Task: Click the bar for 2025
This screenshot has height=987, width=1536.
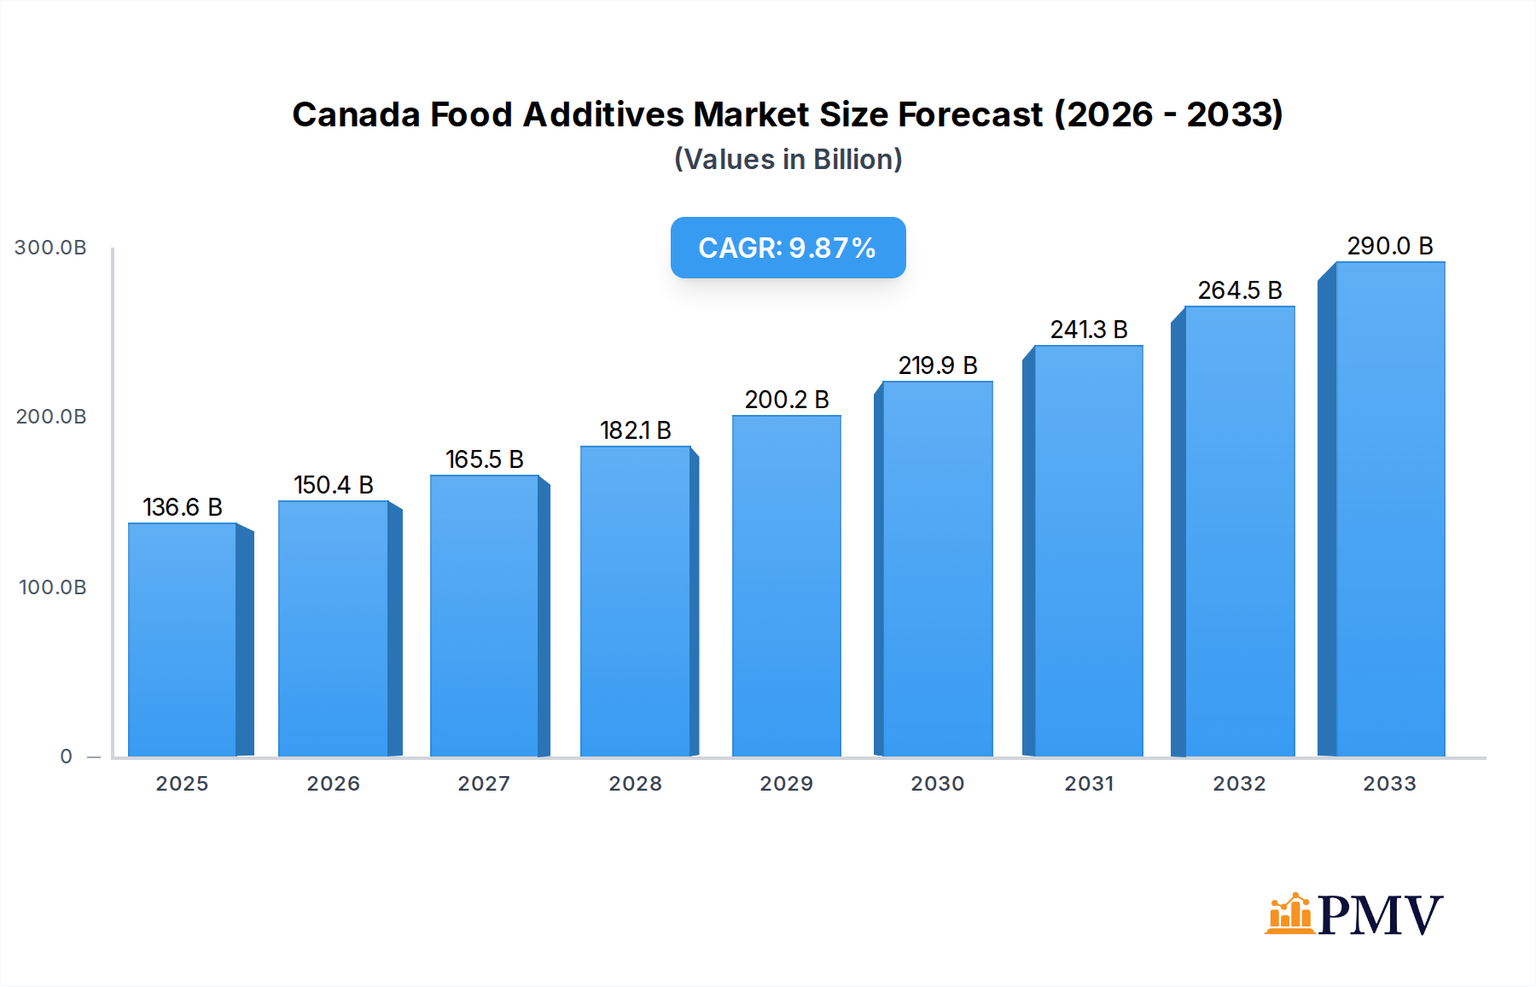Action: (183, 640)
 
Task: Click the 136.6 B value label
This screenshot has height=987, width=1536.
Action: (182, 507)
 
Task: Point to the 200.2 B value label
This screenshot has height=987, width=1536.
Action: (787, 400)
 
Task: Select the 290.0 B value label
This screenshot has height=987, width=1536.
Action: (1389, 246)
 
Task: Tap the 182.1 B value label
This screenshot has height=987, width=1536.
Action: (635, 430)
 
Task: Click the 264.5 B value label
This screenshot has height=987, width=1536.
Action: (1239, 290)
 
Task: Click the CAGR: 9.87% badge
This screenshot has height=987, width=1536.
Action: (788, 248)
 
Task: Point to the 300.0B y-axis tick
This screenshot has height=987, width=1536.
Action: (50, 248)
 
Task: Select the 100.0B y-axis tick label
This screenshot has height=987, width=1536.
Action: (52, 587)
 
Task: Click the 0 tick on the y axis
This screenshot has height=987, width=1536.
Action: (66, 756)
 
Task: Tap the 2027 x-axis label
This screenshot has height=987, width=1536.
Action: (484, 784)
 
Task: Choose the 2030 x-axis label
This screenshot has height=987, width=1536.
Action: (937, 784)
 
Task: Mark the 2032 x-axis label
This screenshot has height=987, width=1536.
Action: (1239, 784)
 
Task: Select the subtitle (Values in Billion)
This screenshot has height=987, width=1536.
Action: (788, 160)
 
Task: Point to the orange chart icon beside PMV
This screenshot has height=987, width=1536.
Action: (1289, 914)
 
